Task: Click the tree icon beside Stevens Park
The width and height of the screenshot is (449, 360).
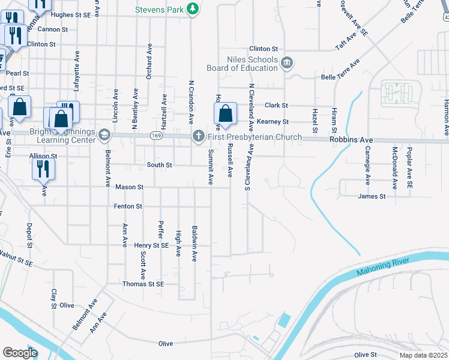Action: [193, 8]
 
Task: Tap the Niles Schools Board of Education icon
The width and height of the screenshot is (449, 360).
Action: [286, 63]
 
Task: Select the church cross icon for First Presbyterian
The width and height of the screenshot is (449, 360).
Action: [198, 137]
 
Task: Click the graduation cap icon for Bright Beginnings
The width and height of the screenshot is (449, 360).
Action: [104, 136]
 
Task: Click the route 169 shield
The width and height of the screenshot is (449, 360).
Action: [156, 136]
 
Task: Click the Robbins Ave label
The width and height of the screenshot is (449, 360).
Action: [351, 140]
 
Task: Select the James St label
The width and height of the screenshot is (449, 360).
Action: [372, 196]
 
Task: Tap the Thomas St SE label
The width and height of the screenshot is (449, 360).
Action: [143, 284]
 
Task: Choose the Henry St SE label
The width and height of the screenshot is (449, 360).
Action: [151, 245]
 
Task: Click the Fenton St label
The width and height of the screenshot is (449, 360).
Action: [128, 206]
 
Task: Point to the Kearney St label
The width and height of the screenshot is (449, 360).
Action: [274, 122]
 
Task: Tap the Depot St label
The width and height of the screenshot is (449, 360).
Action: [29, 236]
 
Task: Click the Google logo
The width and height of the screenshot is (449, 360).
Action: [20, 352]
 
